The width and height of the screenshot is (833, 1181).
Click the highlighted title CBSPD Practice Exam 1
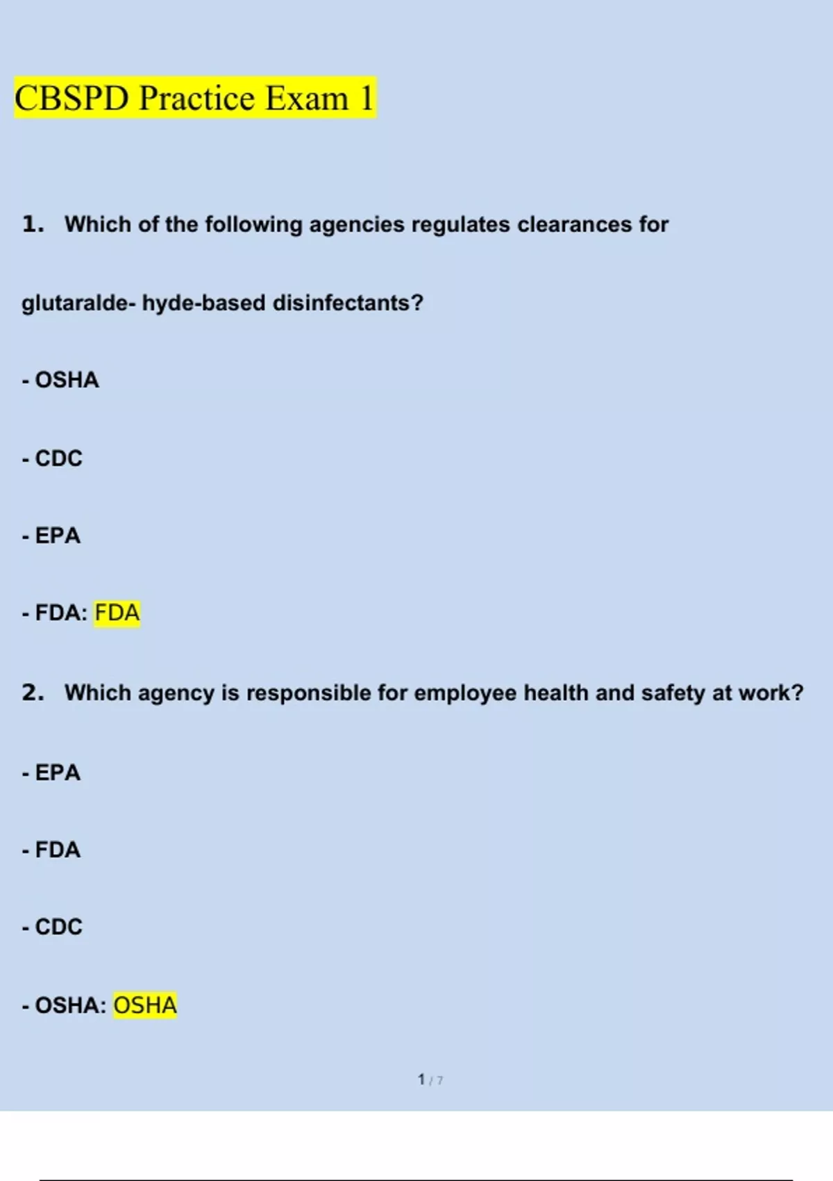pos(194,98)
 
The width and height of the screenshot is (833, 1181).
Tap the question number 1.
pos(33,224)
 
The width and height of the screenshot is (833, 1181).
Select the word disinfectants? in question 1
pos(348,303)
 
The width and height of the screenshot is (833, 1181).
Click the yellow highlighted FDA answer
pos(117,613)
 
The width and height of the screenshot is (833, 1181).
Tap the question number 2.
pos(33,693)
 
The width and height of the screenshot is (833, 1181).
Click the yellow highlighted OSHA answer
pos(145,1005)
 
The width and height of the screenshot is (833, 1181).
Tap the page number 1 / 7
pos(430,1080)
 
